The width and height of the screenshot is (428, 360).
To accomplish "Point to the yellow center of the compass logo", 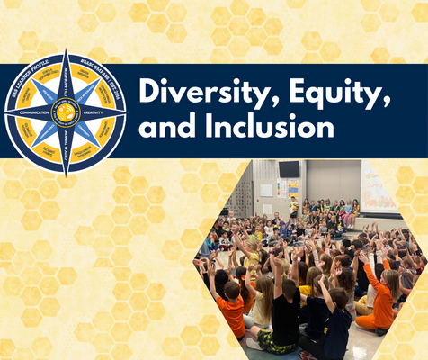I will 65,112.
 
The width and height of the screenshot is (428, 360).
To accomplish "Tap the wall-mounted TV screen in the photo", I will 289,169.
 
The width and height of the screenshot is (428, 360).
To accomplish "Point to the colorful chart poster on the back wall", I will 293,188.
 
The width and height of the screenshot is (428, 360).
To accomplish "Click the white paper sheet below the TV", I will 267,190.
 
